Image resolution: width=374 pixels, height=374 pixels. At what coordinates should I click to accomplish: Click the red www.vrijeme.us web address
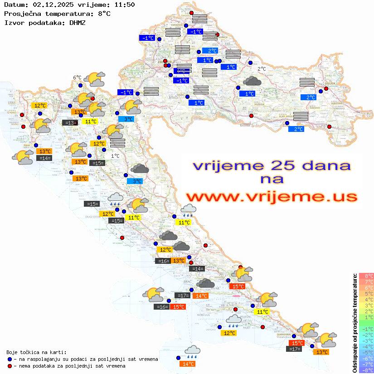tap(272, 197)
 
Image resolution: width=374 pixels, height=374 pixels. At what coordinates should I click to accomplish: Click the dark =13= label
tap(69, 122)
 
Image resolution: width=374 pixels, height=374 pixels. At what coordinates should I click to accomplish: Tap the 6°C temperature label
tap(77, 78)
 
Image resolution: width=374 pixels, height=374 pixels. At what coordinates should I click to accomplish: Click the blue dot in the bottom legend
tap(10, 359)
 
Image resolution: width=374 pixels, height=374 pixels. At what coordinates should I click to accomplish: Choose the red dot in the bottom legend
tap(10, 365)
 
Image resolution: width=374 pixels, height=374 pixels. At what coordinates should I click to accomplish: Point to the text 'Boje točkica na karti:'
tap(36, 352)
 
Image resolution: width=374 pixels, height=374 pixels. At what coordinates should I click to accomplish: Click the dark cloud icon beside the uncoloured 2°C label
tap(252, 81)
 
